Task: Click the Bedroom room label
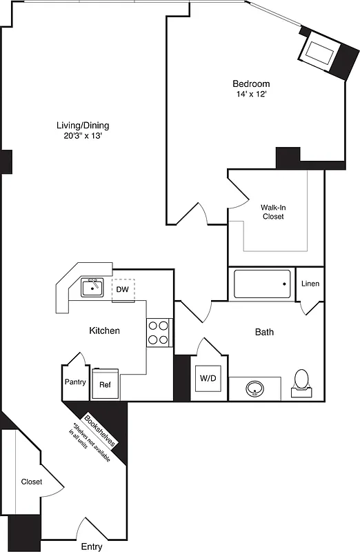click(251, 83)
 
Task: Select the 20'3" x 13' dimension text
click(83, 136)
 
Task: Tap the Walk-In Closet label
click(272, 211)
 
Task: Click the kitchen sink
click(92, 286)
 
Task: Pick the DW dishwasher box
click(122, 288)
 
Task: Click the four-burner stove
click(159, 332)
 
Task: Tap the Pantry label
click(75, 382)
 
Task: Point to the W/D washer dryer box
click(208, 378)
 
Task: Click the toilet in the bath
click(301, 382)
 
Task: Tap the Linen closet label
click(310, 284)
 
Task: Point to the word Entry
click(92, 546)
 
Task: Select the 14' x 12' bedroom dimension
click(251, 95)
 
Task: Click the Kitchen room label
click(105, 331)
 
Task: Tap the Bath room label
click(265, 332)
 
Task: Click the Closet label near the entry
click(31, 482)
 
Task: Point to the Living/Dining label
click(83, 126)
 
